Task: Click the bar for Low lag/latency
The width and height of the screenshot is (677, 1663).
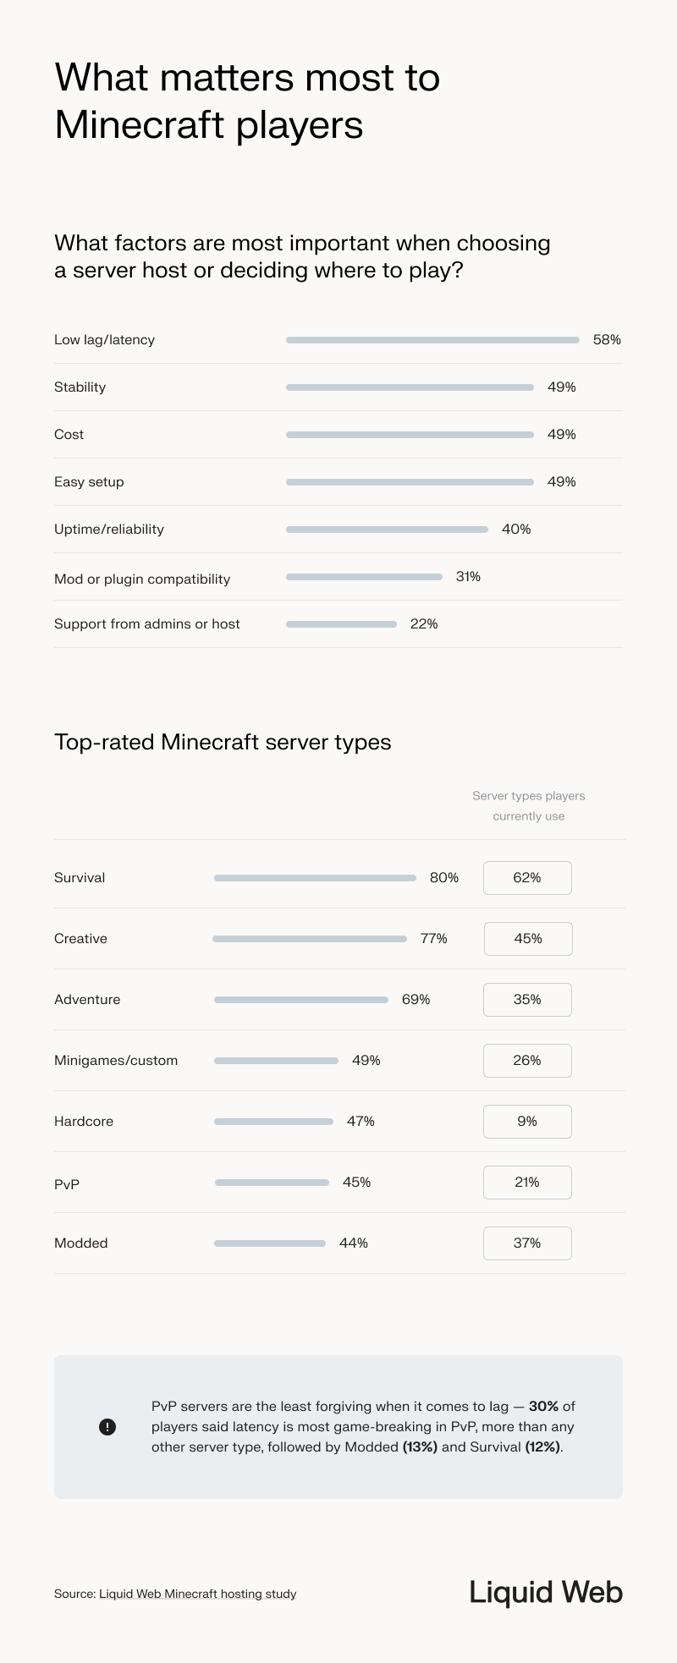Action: pyautogui.click(x=432, y=340)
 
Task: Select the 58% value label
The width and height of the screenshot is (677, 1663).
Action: pyautogui.click(x=607, y=340)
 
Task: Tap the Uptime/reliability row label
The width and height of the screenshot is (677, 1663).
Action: pyautogui.click(x=109, y=530)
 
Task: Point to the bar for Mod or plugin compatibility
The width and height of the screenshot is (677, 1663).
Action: pyautogui.click(x=364, y=577)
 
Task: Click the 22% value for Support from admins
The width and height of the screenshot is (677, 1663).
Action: pyautogui.click(x=424, y=624)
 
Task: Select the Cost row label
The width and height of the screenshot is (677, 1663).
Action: pyautogui.click(x=69, y=435)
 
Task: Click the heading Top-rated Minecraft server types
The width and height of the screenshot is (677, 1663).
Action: pyautogui.click(x=223, y=743)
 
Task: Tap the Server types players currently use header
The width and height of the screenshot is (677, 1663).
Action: pyautogui.click(x=528, y=806)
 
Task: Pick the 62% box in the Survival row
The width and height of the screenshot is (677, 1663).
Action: pyautogui.click(x=527, y=878)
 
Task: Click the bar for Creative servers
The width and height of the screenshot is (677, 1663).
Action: pyautogui.click(x=310, y=939)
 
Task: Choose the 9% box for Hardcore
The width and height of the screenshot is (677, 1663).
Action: pyautogui.click(x=527, y=1122)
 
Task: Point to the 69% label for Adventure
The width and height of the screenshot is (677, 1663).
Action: pyautogui.click(x=416, y=1000)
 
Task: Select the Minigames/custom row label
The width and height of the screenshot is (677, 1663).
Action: pyautogui.click(x=116, y=1061)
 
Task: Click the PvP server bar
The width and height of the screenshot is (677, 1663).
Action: pyautogui.click(x=272, y=1183)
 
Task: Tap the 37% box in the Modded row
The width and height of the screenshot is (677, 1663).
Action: pyautogui.click(x=527, y=1243)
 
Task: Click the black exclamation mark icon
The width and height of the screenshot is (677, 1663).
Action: pyautogui.click(x=107, y=1427)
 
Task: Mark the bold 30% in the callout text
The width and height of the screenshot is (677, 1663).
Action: pyautogui.click(x=543, y=1407)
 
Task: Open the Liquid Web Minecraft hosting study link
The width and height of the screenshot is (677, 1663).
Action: pyautogui.click(x=197, y=1594)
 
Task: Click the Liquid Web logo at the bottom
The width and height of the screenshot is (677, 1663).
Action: pyautogui.click(x=546, y=1592)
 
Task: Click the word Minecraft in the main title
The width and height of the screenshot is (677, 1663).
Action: pyautogui.click(x=139, y=125)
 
